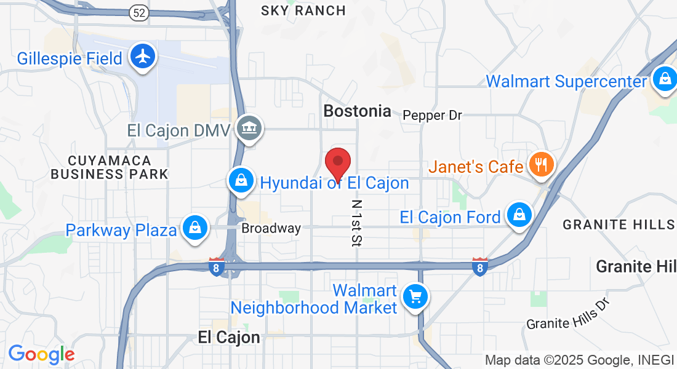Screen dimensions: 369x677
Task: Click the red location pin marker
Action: (x=337, y=163)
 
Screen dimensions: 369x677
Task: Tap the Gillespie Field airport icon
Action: (x=143, y=57)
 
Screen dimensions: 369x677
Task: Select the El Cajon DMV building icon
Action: (x=250, y=129)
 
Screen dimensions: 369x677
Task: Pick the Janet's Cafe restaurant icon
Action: (x=541, y=165)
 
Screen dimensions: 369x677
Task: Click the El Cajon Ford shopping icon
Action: (x=519, y=215)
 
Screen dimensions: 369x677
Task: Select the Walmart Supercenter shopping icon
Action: (x=665, y=79)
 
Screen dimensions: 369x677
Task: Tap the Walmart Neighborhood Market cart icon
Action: (x=415, y=298)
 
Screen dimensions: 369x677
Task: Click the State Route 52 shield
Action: (x=138, y=12)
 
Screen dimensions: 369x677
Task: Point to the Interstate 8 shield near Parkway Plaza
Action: (x=215, y=267)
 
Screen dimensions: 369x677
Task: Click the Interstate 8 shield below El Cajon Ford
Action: (x=480, y=266)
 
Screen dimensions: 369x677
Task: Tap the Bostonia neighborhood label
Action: (x=357, y=111)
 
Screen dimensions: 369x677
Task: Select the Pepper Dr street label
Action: (x=432, y=115)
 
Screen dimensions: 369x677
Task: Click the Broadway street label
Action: (x=271, y=228)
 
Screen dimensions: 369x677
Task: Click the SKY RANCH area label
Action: (x=303, y=10)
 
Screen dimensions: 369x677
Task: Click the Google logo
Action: (x=41, y=354)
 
